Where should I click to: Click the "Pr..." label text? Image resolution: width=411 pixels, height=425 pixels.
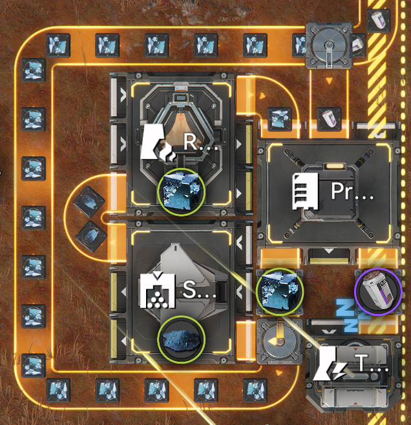(352, 191)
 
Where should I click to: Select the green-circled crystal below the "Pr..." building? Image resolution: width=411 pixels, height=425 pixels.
(280, 291)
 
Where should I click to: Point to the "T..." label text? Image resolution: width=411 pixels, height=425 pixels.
(372, 366)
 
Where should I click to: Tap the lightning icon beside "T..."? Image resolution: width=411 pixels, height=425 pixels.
(335, 366)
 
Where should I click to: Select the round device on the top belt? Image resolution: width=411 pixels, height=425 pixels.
(328, 44)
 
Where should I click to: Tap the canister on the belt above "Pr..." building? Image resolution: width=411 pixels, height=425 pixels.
(330, 118)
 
